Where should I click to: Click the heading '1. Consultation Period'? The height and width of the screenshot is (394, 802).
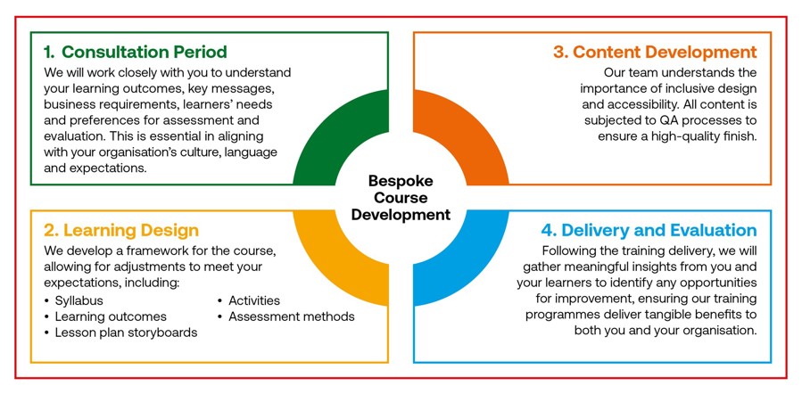135,52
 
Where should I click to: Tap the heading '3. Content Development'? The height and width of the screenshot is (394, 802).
655,52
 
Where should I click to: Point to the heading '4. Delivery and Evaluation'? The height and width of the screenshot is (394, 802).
649,231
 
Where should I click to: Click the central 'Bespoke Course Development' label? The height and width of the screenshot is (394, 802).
401,197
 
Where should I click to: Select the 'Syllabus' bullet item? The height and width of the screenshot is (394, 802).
79,301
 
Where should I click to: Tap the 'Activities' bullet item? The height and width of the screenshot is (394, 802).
254,300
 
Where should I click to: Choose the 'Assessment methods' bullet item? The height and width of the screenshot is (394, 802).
292,316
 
